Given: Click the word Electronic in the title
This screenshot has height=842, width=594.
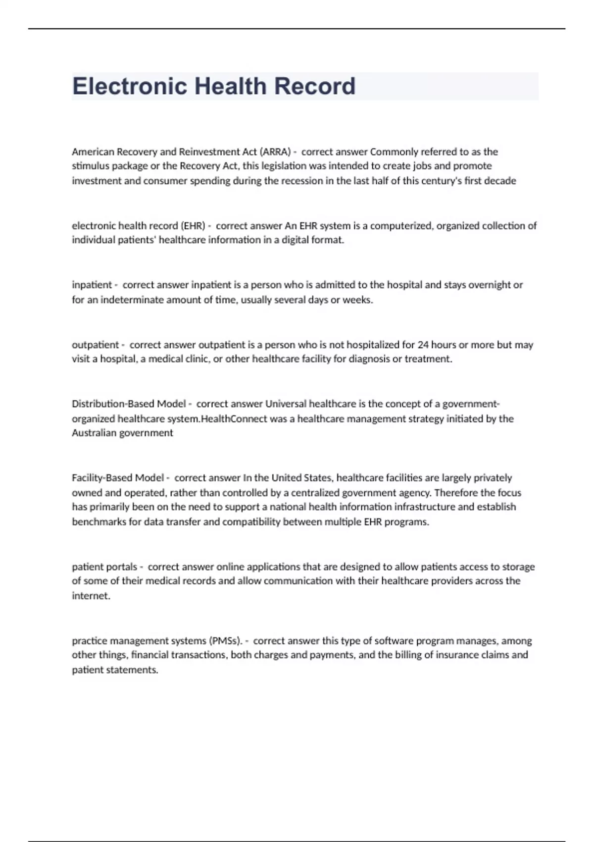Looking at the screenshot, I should (x=129, y=86).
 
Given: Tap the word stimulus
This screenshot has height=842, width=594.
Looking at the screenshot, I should (x=91, y=166).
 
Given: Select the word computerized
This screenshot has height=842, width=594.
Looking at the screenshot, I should (x=401, y=226).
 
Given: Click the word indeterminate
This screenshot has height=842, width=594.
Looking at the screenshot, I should (x=130, y=300).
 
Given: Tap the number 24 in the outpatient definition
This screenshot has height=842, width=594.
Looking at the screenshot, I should (x=423, y=345).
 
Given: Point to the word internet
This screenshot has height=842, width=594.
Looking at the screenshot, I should (x=91, y=596).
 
